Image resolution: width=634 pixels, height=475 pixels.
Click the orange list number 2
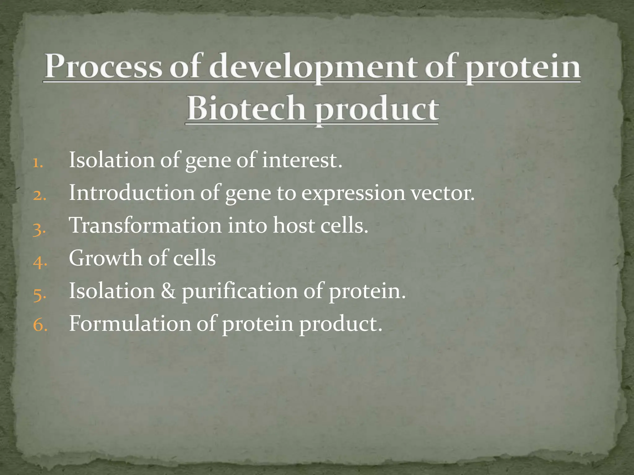point(39,196)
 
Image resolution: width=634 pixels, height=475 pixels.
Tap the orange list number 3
point(39,229)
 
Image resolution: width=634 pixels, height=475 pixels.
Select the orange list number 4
point(40,262)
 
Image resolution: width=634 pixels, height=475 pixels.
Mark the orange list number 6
point(40,326)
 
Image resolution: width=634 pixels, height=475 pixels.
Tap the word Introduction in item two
point(132,193)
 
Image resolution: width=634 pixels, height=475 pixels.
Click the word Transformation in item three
point(145,225)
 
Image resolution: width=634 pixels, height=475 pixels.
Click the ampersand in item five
point(168,291)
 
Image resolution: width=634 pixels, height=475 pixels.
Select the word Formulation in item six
point(130,324)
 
